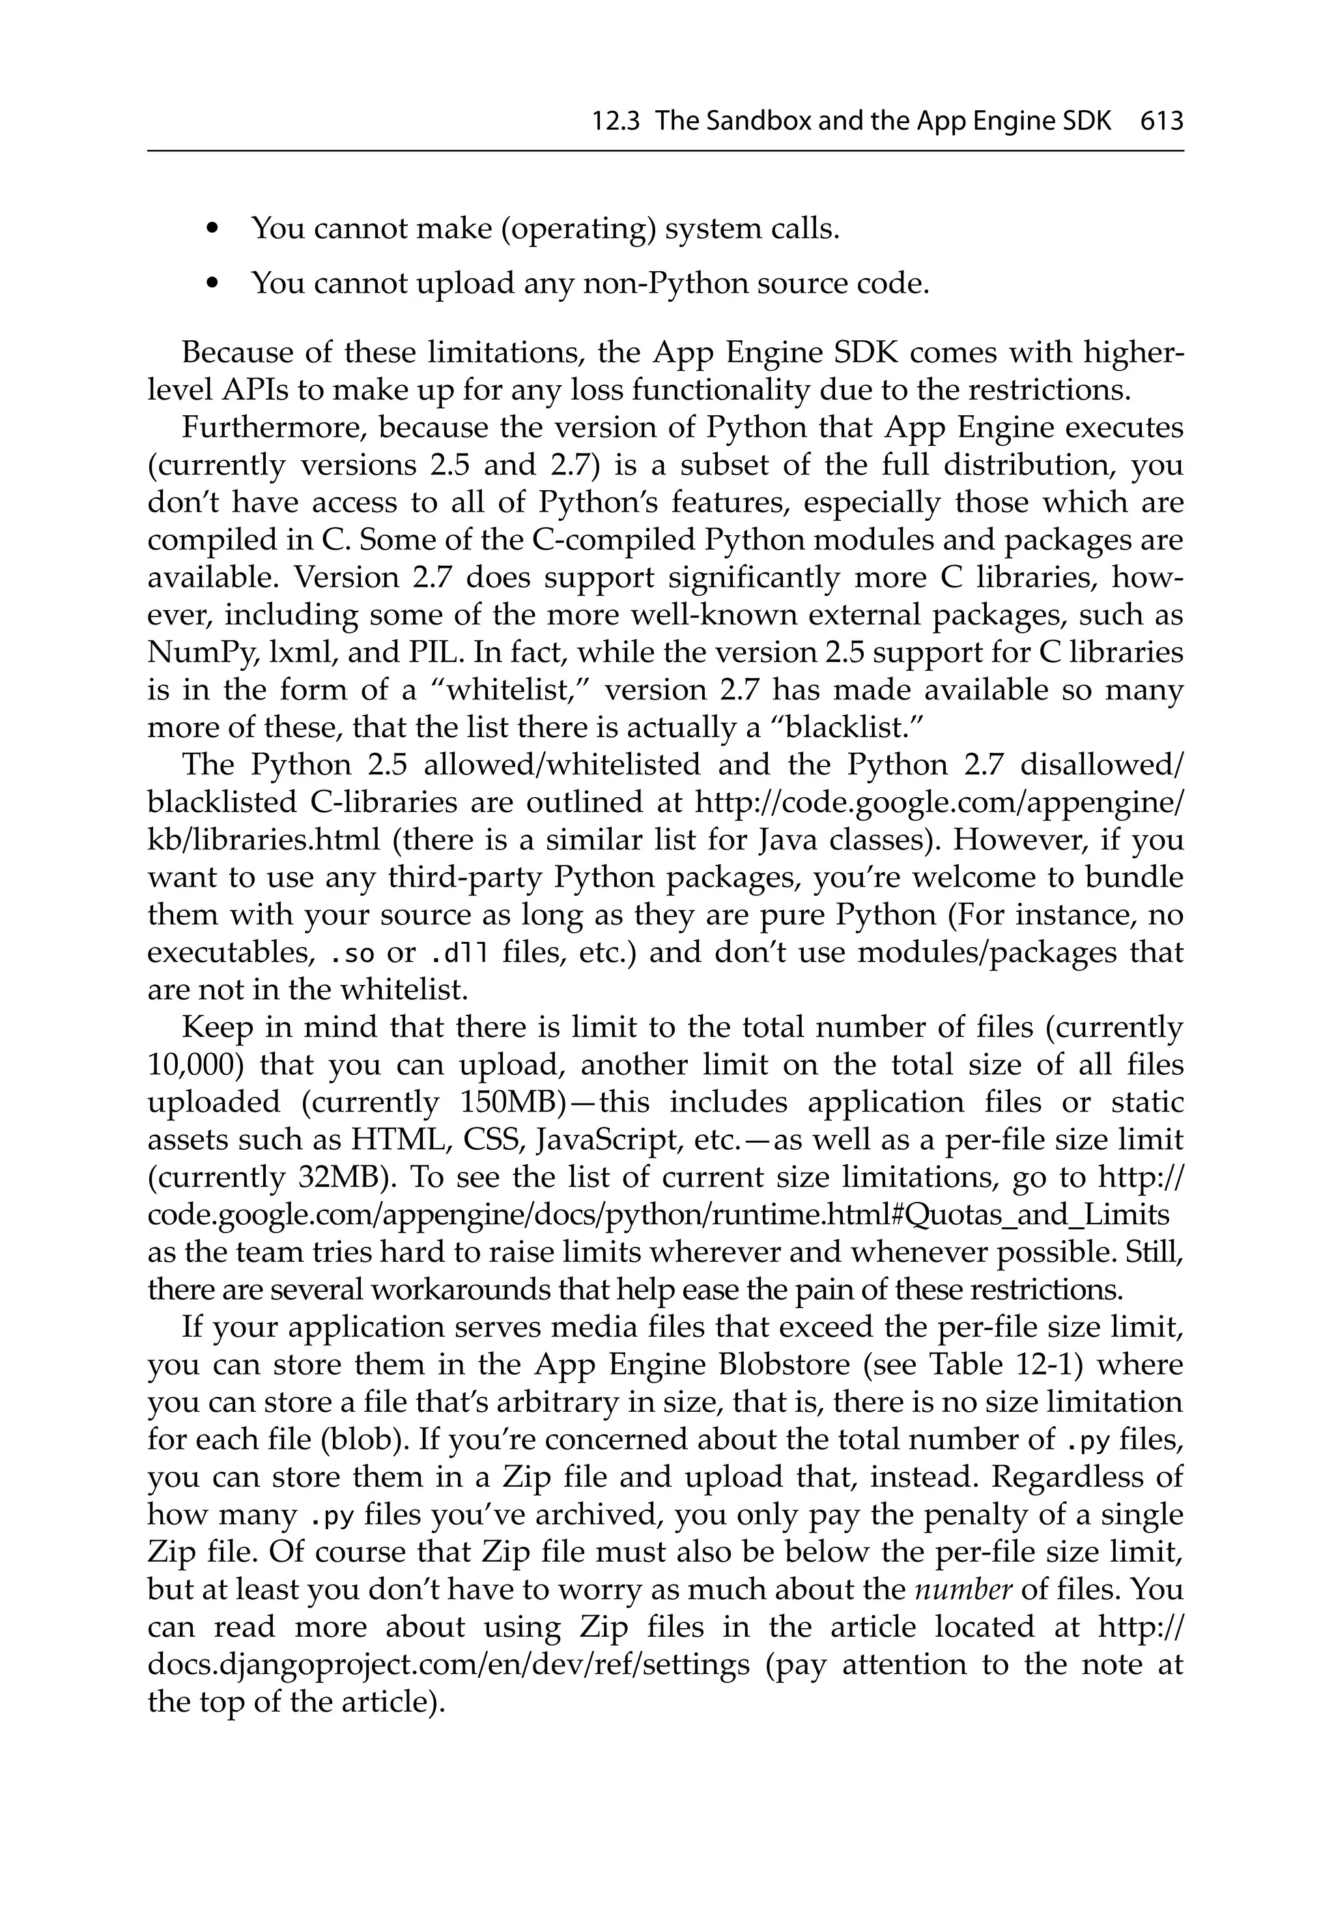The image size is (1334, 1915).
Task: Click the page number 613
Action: coord(1161,123)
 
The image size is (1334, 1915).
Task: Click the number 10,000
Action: coord(194,1065)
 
